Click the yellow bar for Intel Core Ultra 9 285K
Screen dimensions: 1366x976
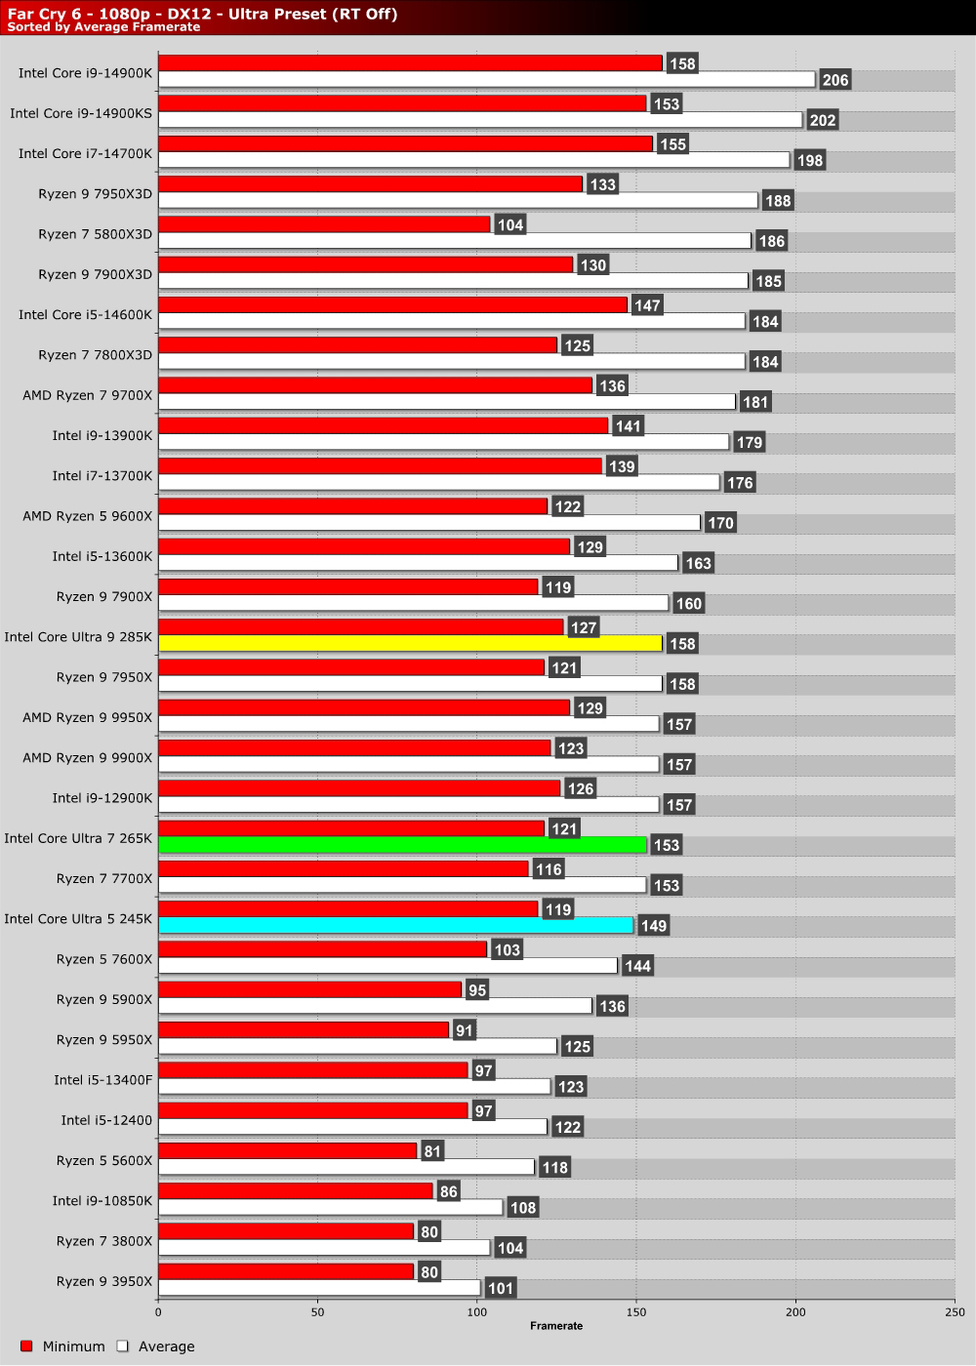coord(410,644)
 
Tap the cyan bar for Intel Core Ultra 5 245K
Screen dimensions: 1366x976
coord(395,926)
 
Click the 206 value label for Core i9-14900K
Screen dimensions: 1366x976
coord(835,80)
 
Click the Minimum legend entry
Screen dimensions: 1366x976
coord(62,1346)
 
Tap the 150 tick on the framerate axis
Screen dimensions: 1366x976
coord(636,1312)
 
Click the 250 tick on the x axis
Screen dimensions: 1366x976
coord(955,1312)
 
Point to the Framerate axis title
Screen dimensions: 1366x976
coord(556,1326)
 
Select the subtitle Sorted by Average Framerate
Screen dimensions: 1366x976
coord(103,27)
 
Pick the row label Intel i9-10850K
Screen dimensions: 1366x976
coord(102,1200)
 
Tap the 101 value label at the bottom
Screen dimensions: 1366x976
coord(501,1288)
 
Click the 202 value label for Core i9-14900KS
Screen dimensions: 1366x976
coord(823,120)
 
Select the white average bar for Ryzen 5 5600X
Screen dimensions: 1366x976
coord(346,1167)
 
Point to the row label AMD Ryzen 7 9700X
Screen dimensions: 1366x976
coord(88,395)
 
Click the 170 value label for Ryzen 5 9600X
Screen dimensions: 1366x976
coord(720,523)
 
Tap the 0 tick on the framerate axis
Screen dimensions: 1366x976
coord(158,1312)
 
